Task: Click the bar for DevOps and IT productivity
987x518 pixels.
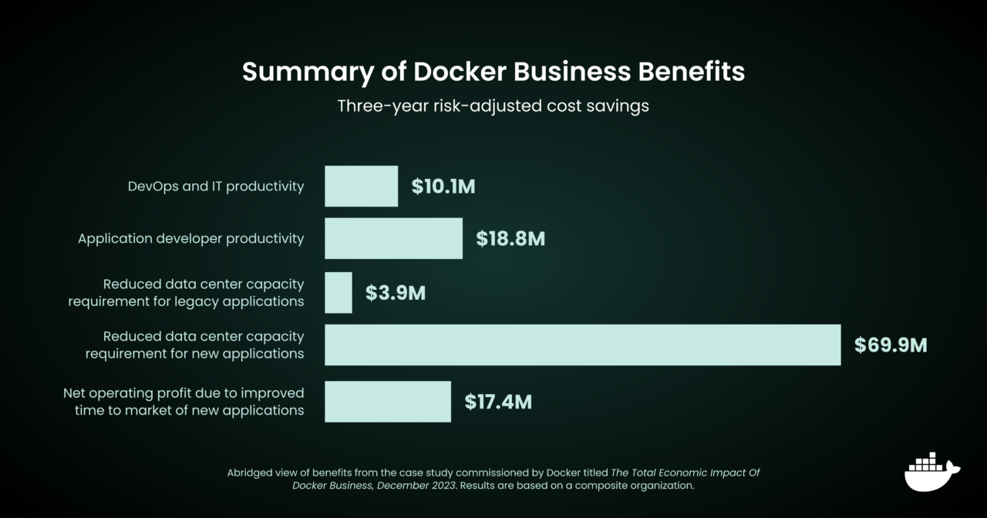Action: (x=361, y=186)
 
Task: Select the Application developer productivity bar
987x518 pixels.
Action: (x=393, y=238)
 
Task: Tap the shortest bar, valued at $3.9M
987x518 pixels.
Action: (x=338, y=292)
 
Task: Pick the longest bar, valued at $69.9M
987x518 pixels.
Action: (x=582, y=345)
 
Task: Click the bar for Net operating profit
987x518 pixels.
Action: (x=387, y=402)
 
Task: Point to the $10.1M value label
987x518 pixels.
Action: (x=443, y=187)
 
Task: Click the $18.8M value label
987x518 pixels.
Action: (x=510, y=239)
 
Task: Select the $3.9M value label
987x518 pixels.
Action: (x=395, y=293)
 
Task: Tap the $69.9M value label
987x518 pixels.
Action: (x=890, y=345)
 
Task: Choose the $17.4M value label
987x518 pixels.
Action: (x=497, y=402)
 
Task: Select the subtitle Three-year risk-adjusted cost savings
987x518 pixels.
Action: (x=493, y=106)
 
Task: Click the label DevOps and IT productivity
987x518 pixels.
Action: (x=216, y=187)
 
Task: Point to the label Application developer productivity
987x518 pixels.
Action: (x=190, y=239)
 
